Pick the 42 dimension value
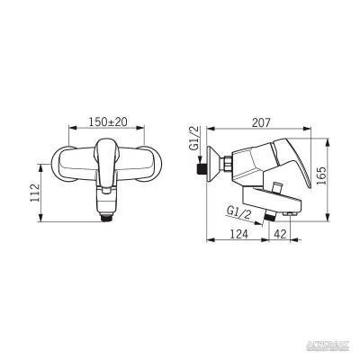tap(281, 232)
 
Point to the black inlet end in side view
tap(199, 167)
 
